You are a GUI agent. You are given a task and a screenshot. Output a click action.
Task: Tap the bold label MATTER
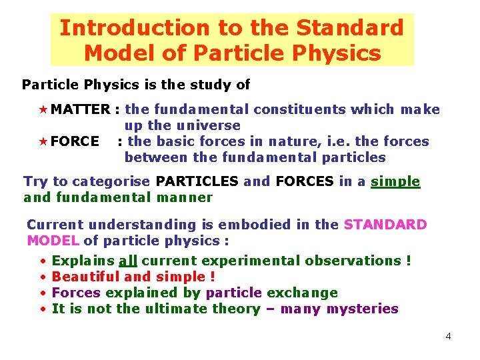(80, 109)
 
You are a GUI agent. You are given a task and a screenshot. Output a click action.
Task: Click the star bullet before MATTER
(45, 109)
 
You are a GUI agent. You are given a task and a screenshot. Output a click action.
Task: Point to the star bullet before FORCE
(45, 141)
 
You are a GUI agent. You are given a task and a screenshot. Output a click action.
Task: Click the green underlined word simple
(395, 181)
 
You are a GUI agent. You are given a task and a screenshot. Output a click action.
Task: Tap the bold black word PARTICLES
(196, 181)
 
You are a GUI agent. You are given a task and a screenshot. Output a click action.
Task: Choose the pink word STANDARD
(385, 225)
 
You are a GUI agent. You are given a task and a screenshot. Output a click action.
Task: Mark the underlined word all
(128, 261)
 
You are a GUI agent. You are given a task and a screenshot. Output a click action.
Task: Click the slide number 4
(448, 336)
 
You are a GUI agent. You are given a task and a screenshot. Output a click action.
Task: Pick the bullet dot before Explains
(42, 261)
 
